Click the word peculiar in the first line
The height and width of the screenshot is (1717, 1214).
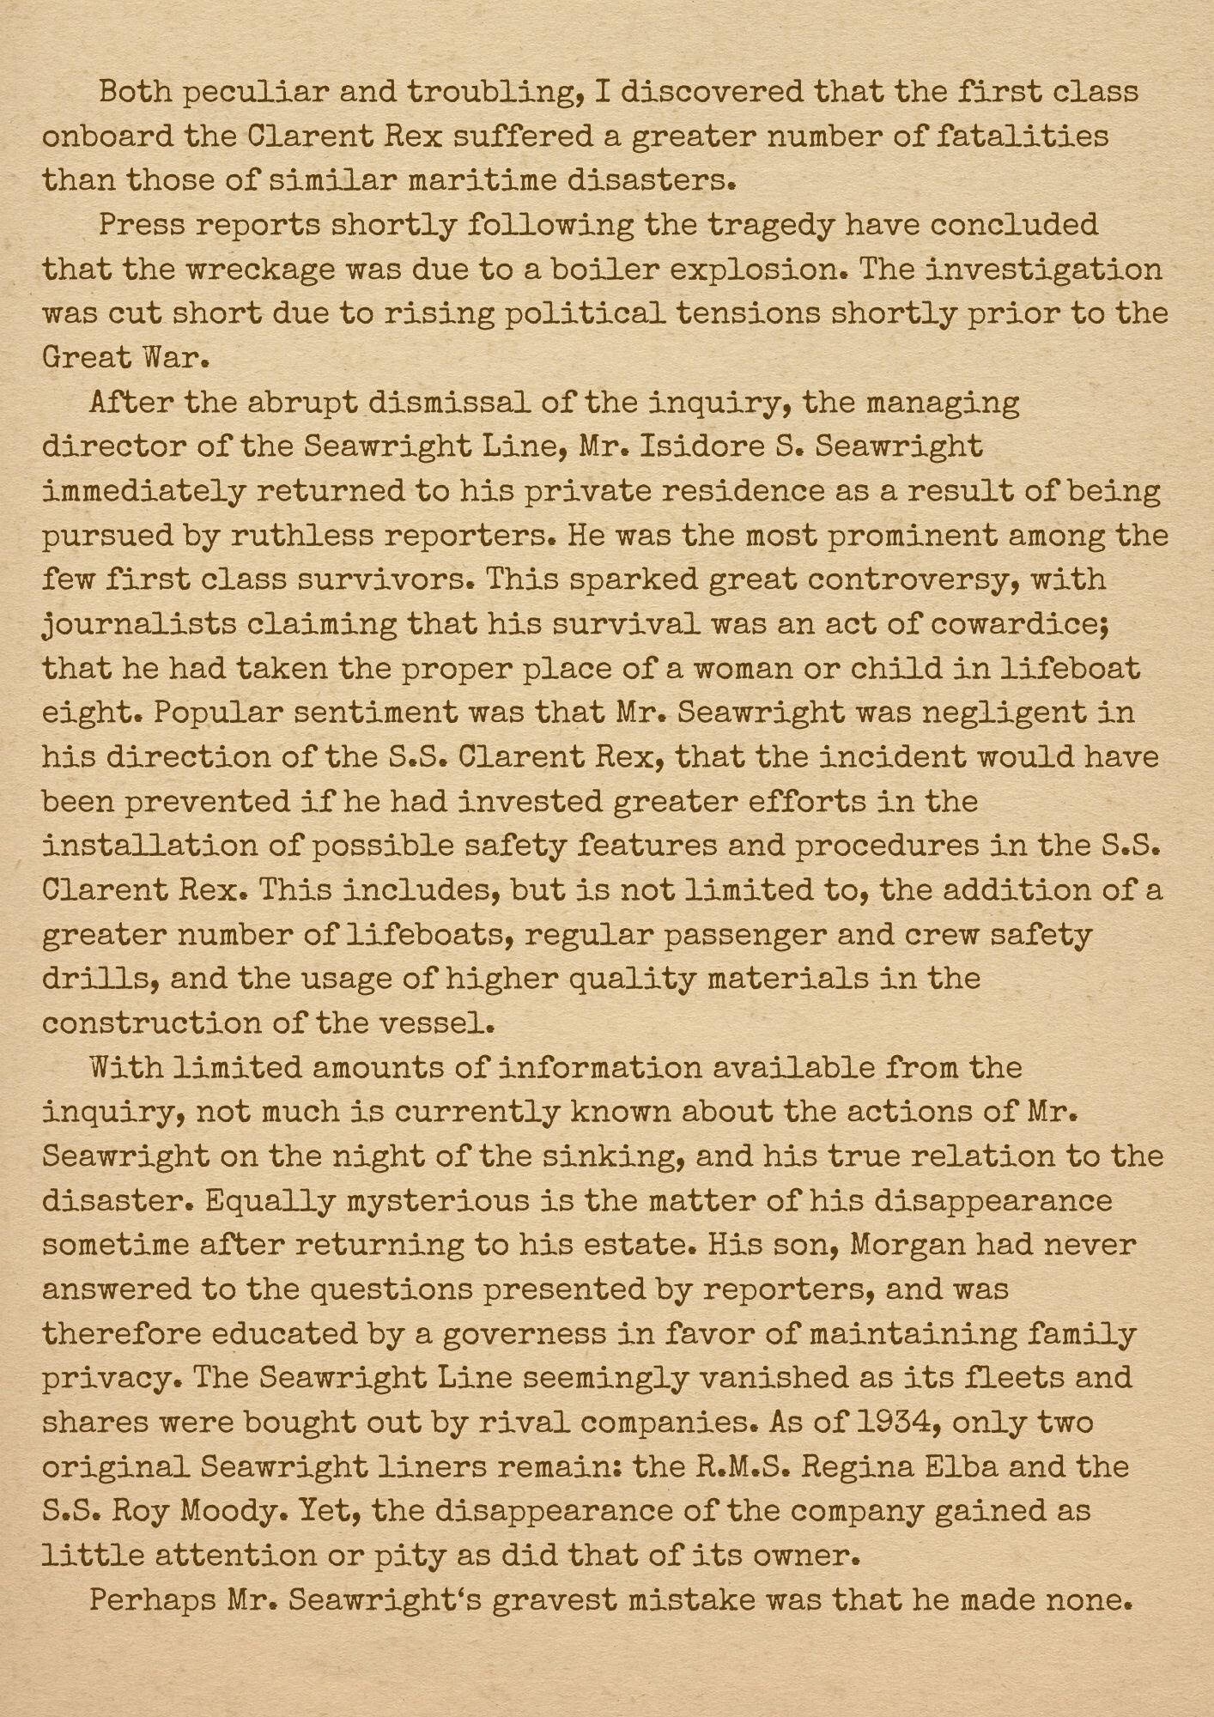[x=257, y=92]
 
